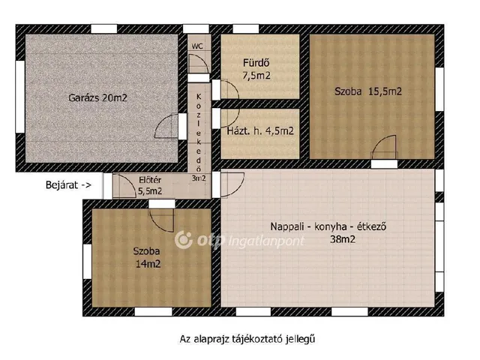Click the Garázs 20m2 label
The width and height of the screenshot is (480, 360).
(x=97, y=98)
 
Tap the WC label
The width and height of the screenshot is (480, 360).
(x=197, y=46)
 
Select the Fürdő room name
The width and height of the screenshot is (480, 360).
(x=256, y=63)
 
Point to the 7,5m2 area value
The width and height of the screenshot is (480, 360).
(x=256, y=75)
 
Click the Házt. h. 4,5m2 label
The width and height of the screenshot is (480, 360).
(x=260, y=131)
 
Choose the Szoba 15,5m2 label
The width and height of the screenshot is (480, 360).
(x=368, y=91)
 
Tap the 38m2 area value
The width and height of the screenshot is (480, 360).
(x=343, y=239)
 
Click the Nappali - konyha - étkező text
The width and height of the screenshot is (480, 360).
(x=328, y=226)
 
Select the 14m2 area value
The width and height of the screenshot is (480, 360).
(x=148, y=264)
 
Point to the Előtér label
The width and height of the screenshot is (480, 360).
(x=150, y=180)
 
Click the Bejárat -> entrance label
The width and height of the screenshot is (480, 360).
(x=68, y=185)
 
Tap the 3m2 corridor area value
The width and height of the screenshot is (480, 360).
(x=199, y=178)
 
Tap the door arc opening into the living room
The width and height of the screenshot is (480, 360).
(x=238, y=187)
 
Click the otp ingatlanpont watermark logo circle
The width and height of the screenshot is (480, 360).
(x=183, y=240)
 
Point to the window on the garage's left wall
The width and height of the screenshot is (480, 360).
(x=20, y=97)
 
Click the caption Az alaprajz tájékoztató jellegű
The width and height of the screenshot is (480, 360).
(x=247, y=339)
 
